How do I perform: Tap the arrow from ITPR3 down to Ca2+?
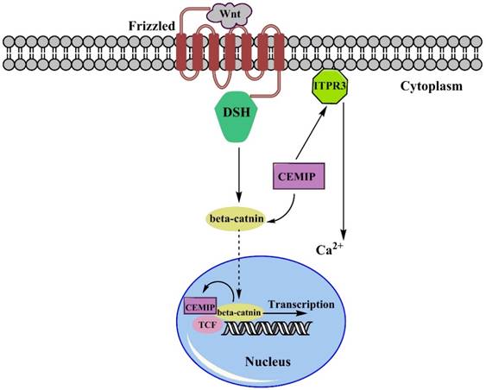tap(345, 173)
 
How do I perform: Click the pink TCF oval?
tap(207, 324)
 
